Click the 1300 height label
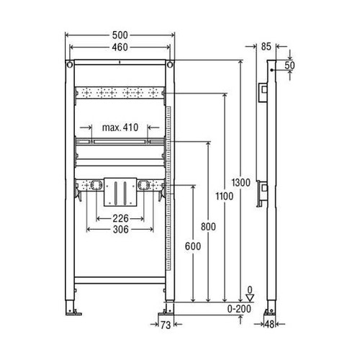click(241, 183)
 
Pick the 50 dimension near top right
click(289, 66)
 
